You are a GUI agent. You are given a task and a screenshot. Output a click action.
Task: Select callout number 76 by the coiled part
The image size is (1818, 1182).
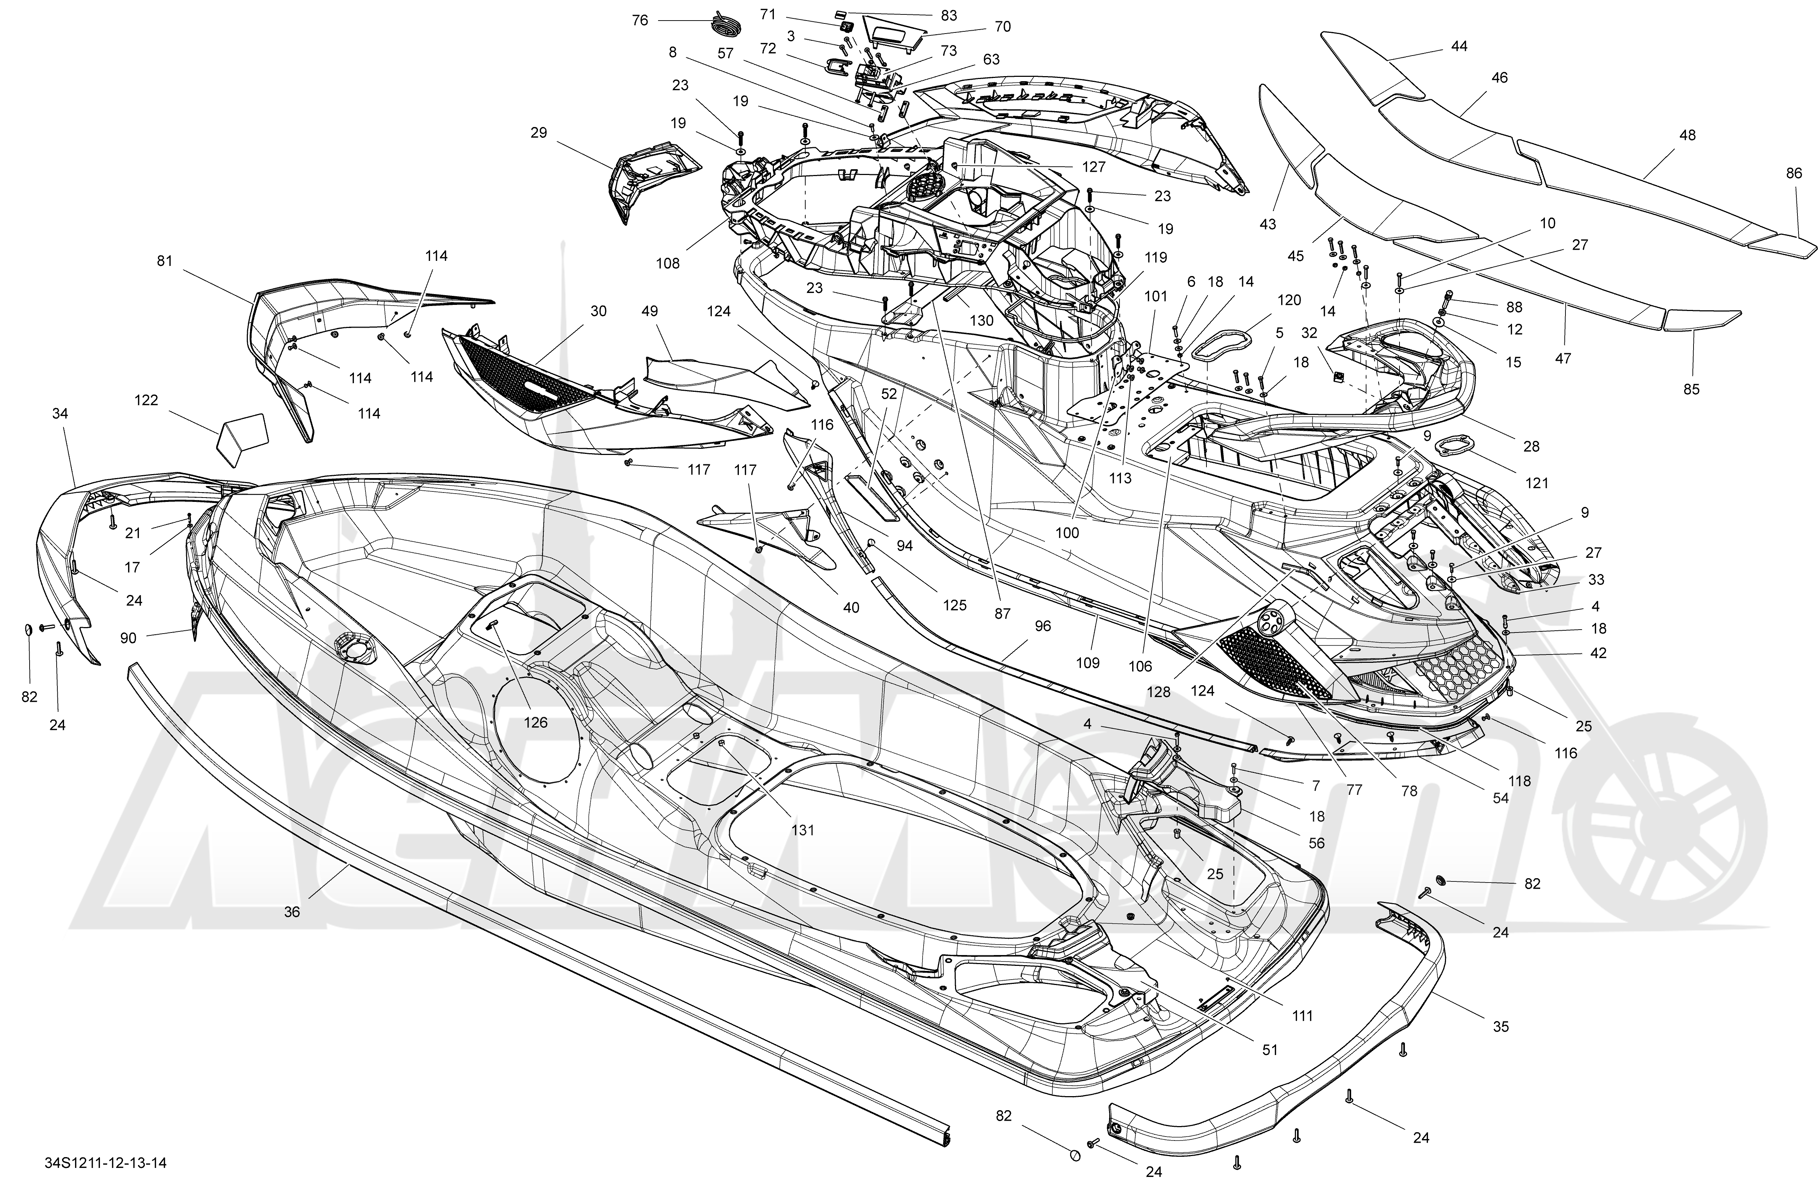pos(640,20)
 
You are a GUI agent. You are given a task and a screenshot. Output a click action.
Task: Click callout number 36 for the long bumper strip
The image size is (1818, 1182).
pos(292,911)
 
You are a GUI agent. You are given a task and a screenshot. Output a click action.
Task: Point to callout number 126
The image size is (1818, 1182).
pos(535,722)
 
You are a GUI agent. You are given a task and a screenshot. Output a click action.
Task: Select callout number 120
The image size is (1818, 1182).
pos(1289,300)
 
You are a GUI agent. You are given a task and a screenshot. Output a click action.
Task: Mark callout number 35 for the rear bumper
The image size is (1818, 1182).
pos(1501,1027)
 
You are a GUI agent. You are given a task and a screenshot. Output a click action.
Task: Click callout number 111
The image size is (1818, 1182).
pos(1302,1015)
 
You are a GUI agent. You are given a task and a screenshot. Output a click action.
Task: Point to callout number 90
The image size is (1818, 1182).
pos(128,637)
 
